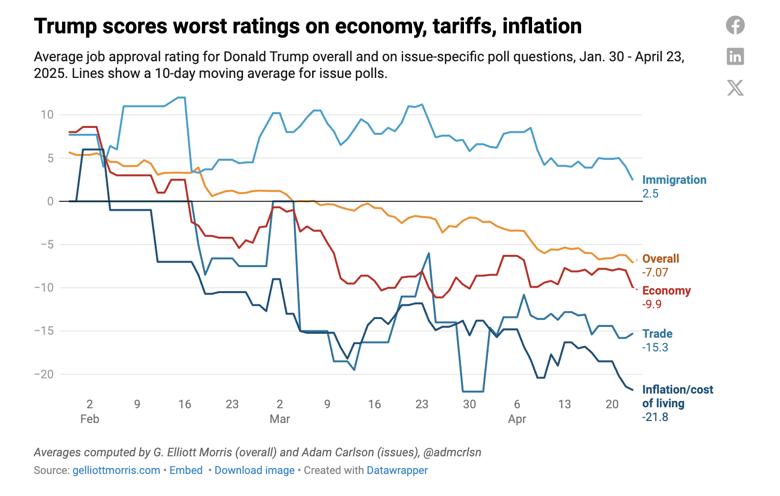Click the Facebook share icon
point(735,25)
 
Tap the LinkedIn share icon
point(735,56)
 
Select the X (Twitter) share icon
point(735,88)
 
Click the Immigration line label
point(674,180)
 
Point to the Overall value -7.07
point(655,273)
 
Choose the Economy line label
point(666,291)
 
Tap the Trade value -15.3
point(655,347)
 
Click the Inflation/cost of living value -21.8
point(655,417)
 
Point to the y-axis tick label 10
point(47,115)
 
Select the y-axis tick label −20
point(44,374)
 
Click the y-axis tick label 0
point(50,201)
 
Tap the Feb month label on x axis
point(90,419)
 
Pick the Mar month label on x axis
point(280,419)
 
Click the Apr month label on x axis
point(517,419)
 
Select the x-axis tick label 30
point(469,404)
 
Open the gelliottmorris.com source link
point(116,471)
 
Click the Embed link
point(186,471)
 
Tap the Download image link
point(254,471)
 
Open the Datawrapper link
point(397,471)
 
